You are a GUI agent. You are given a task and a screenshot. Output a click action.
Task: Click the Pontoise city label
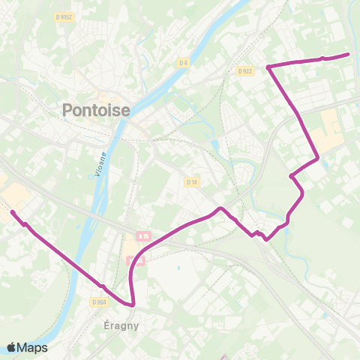pyautogui.click(x=95, y=110)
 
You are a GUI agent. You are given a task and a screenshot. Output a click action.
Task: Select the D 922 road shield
pyautogui.click(x=244, y=71)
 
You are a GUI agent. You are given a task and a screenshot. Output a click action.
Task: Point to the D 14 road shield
pyautogui.click(x=191, y=181)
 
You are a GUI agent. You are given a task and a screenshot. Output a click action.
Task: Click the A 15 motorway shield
pyautogui.click(x=143, y=236)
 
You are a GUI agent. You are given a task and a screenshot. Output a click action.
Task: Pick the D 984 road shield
pyautogui.click(x=99, y=301)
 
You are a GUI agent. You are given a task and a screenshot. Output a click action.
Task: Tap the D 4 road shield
pyautogui.click(x=183, y=63)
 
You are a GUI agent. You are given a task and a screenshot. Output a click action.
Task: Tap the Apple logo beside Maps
pyautogui.click(x=11, y=347)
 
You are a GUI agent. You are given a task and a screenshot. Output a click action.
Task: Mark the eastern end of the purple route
pyautogui.click(x=348, y=54)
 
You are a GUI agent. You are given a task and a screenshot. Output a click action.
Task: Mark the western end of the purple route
pyautogui.click(x=13, y=212)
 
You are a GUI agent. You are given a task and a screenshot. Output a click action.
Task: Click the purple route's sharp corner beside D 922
pyautogui.click(x=268, y=67)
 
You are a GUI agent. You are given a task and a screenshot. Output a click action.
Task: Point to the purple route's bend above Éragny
pyautogui.click(x=133, y=304)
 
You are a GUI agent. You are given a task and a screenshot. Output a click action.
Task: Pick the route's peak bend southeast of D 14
pyautogui.click(x=220, y=208)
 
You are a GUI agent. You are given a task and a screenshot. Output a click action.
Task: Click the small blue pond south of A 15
pyautogui.click(x=180, y=265)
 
